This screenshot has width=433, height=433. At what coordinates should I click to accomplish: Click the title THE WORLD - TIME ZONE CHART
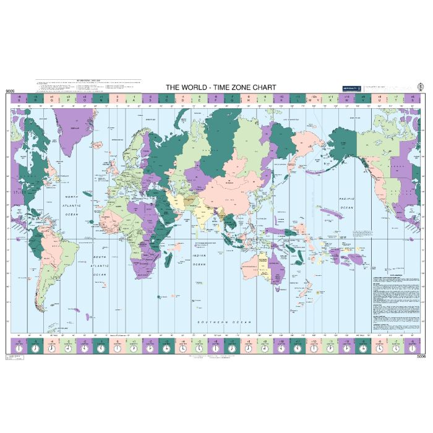220,87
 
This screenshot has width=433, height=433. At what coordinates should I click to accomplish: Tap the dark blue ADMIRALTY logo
351,88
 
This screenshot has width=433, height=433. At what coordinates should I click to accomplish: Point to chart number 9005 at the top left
9,92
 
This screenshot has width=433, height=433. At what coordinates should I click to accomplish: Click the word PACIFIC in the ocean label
345,199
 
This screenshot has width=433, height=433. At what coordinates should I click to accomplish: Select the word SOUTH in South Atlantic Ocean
100,256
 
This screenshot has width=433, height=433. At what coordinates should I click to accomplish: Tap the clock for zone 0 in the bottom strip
116,348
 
